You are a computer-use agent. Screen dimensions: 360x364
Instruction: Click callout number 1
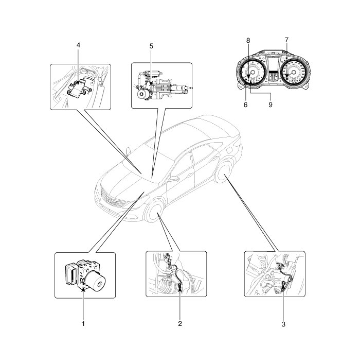pyautogui.click(x=83, y=324)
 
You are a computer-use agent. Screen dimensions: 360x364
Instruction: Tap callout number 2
pyautogui.click(x=179, y=324)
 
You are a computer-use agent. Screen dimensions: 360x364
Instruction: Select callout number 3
pyautogui.click(x=283, y=324)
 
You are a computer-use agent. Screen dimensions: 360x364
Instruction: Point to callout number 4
pyautogui.click(x=78, y=45)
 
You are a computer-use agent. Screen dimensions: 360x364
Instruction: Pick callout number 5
pyautogui.click(x=151, y=45)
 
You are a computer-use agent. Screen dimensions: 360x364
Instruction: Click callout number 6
pyautogui.click(x=245, y=104)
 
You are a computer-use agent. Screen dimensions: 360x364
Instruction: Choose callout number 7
pyautogui.click(x=286, y=40)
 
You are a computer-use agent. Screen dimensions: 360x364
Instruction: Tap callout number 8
pyautogui.click(x=248, y=40)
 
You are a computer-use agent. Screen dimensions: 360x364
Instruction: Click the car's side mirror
pyautogui.click(x=173, y=180)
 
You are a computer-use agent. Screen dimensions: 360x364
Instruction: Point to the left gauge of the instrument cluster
pyautogui.click(x=251, y=74)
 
